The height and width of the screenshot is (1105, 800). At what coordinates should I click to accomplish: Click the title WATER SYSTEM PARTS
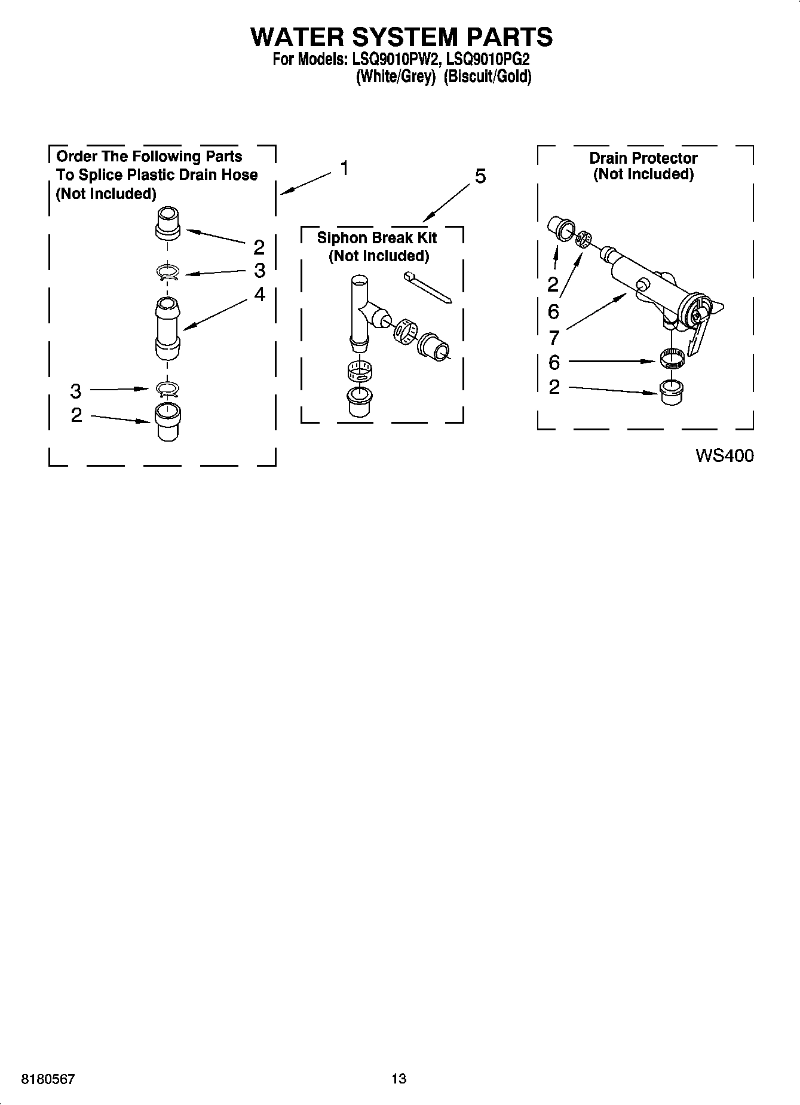[x=401, y=37]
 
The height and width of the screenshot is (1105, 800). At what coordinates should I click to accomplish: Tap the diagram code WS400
[x=724, y=456]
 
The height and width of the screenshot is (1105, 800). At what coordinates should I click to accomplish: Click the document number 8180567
[x=48, y=1079]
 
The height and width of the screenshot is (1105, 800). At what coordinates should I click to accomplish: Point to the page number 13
[x=399, y=1079]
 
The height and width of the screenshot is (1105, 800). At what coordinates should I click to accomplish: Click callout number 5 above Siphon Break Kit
[x=480, y=176]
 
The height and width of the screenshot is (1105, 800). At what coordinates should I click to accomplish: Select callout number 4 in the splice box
[x=259, y=294]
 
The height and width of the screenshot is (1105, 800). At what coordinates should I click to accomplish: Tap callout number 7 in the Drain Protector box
[x=554, y=338]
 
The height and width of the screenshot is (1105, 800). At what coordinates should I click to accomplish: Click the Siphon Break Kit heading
[x=376, y=238]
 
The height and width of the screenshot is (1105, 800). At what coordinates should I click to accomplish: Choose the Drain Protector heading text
[x=643, y=158]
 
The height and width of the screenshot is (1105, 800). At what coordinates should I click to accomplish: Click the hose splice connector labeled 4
[x=167, y=328]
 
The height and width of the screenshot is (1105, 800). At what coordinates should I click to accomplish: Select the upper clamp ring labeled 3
[x=168, y=273]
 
